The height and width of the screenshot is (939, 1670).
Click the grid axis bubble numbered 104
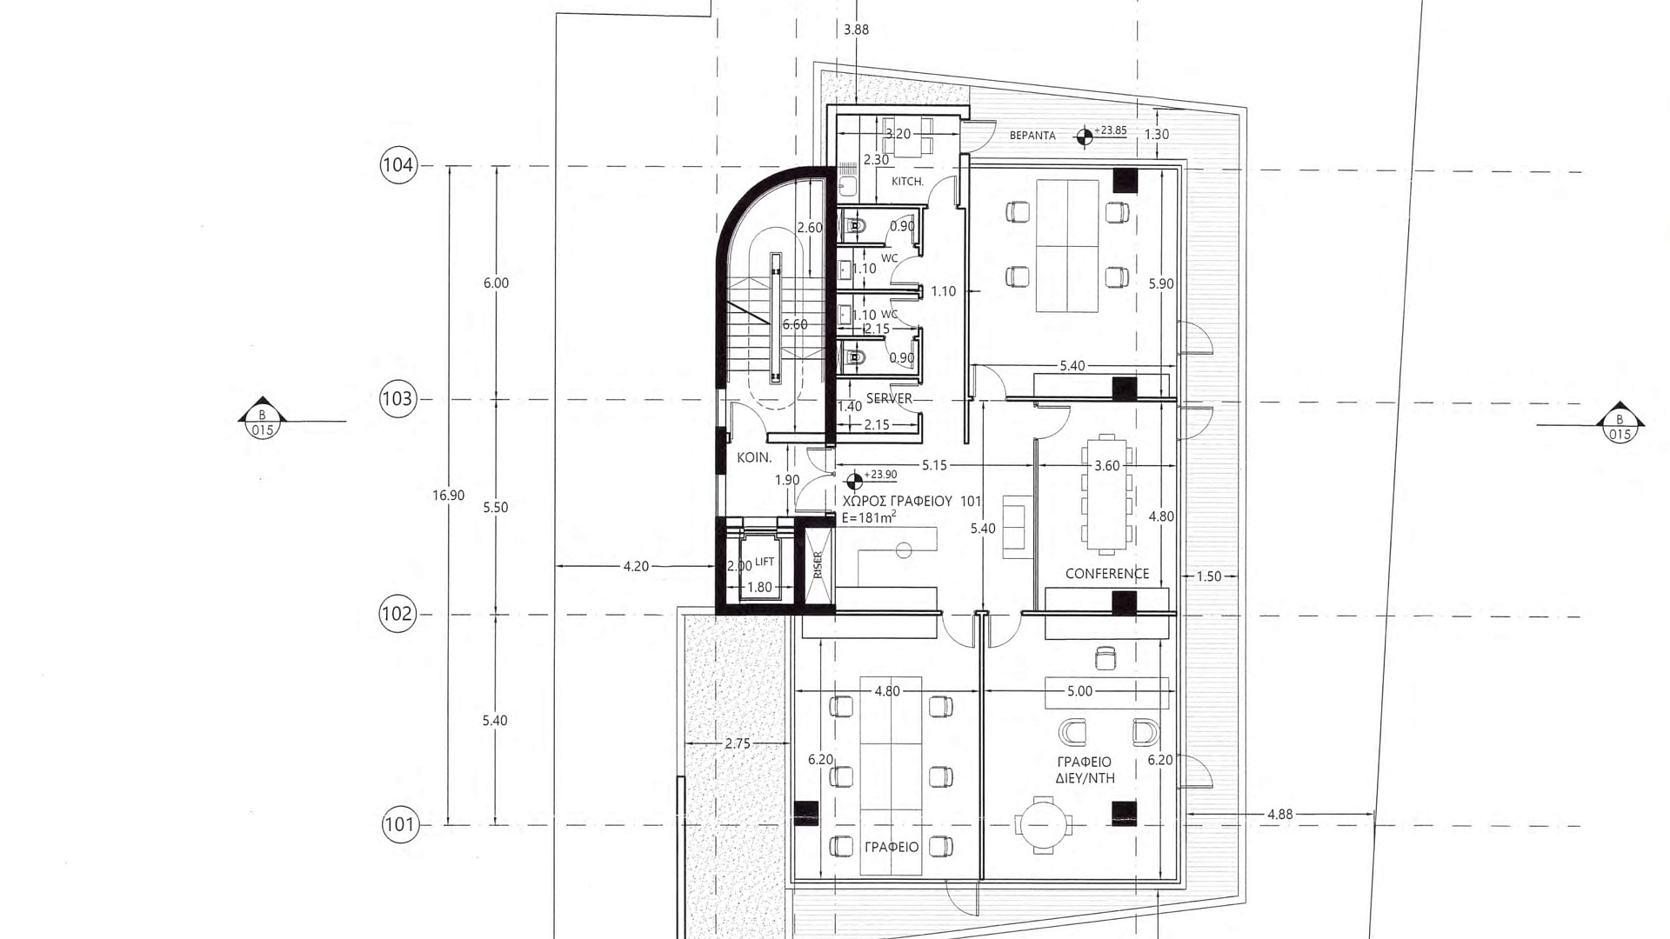click(x=398, y=165)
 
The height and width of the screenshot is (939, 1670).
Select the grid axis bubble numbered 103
click(x=397, y=399)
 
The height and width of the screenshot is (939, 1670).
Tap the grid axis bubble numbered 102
click(x=397, y=614)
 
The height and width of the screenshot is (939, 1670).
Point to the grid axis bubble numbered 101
click(x=400, y=824)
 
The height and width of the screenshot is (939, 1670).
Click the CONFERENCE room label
click(x=1107, y=574)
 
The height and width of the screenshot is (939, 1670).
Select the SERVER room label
click(x=889, y=399)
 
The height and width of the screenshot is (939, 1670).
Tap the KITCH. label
click(x=907, y=182)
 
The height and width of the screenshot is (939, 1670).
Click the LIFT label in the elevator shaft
click(x=765, y=562)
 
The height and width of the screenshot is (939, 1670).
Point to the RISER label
click(x=818, y=565)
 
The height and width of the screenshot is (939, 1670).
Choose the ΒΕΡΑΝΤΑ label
click(x=1032, y=136)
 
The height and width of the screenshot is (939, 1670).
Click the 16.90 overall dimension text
click(x=448, y=496)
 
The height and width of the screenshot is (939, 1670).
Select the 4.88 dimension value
click(x=1279, y=815)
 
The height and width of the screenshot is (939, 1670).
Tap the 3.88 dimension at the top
click(x=856, y=30)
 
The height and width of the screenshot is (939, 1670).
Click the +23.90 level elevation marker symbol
click(x=854, y=480)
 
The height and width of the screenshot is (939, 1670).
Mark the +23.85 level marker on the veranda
click(x=1085, y=135)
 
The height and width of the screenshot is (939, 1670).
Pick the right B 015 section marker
click(x=1619, y=423)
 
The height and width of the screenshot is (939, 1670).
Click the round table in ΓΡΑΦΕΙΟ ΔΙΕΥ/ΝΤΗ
click(x=1043, y=822)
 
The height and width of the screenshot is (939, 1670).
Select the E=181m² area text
click(x=869, y=517)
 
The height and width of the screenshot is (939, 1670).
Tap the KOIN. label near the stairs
click(x=754, y=457)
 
